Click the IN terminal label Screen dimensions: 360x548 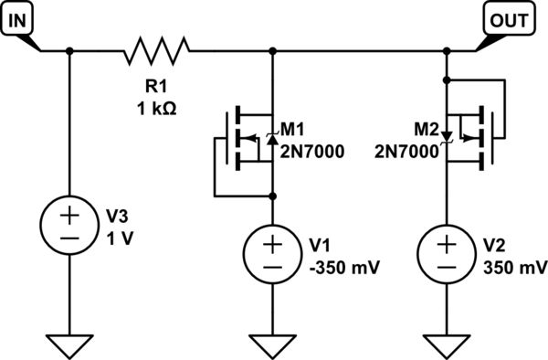point(17,18)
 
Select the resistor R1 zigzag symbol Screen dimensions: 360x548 point(154,51)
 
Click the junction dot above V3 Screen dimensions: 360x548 point(70,51)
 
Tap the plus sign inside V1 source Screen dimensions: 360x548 point(273,243)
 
